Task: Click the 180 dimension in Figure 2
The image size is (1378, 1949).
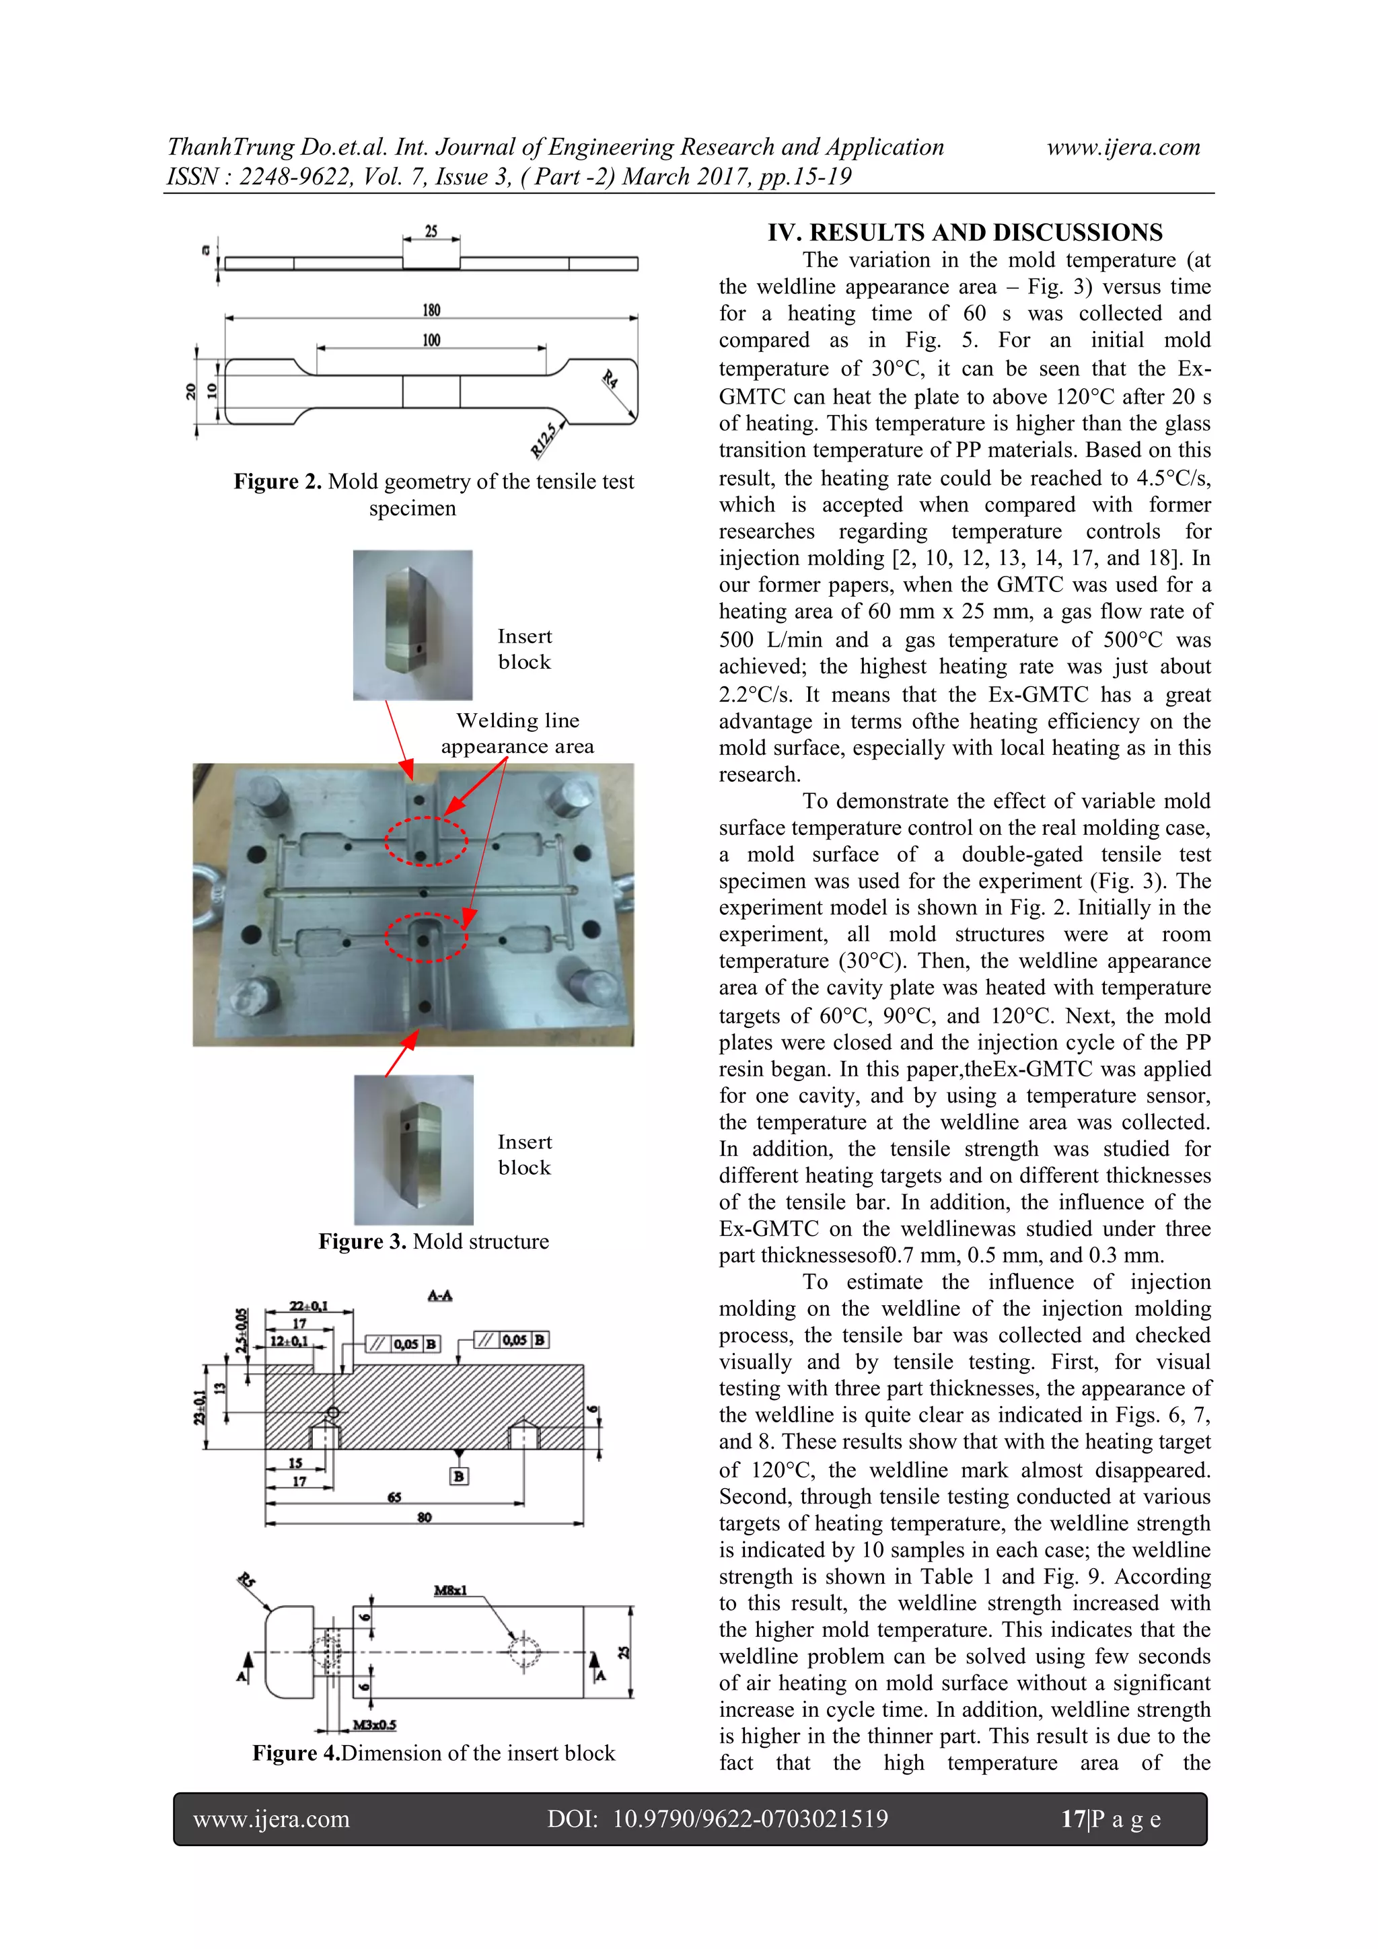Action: tap(431, 310)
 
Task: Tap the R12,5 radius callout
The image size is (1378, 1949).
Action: tap(544, 439)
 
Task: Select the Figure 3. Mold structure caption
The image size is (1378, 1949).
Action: tap(433, 1241)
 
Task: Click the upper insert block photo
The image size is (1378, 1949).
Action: tap(412, 625)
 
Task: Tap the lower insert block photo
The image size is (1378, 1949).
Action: tap(414, 1149)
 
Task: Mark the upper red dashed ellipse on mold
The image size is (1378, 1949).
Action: tap(425, 840)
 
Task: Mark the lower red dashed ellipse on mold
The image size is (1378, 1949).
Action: tap(425, 937)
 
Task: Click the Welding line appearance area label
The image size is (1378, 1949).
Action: tap(517, 733)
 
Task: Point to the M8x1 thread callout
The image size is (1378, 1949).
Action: tap(450, 1590)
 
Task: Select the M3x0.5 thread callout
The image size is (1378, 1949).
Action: tap(374, 1724)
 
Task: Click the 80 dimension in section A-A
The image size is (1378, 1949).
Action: tap(425, 1517)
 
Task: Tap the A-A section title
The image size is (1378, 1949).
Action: tap(440, 1295)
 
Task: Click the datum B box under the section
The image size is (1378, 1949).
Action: tap(458, 1476)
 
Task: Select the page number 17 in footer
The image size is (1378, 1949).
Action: tap(1073, 1818)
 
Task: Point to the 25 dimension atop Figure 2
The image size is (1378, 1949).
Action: tap(431, 231)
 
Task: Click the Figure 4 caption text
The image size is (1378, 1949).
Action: tap(433, 1753)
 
